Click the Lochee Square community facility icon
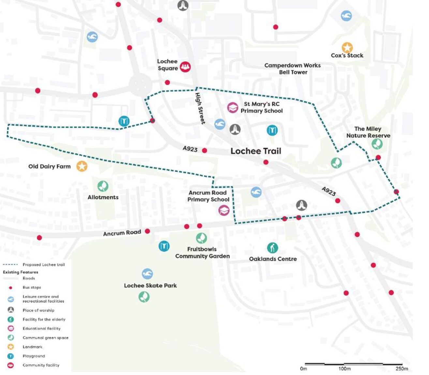(x=185, y=67)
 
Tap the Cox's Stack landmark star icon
(x=347, y=48)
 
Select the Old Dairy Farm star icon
(x=82, y=166)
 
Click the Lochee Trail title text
(x=256, y=151)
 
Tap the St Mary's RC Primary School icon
(x=232, y=107)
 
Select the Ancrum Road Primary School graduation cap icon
(x=224, y=210)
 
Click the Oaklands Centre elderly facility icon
(x=272, y=248)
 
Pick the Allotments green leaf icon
(x=103, y=186)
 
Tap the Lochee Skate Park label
(x=150, y=285)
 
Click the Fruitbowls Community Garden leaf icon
(x=201, y=238)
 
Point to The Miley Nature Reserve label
(x=368, y=132)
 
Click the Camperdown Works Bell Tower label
(x=292, y=69)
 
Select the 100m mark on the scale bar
(x=344, y=368)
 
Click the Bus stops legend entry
(x=32, y=287)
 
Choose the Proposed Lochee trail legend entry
(x=43, y=265)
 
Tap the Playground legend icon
(x=11, y=356)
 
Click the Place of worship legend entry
(x=38, y=310)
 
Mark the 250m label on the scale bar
(x=402, y=368)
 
